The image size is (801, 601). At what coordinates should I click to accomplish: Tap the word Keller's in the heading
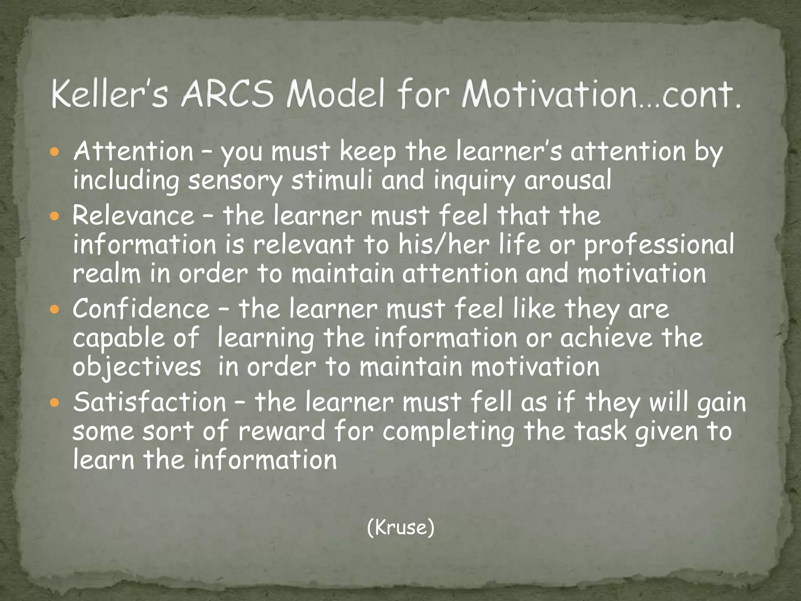(x=110, y=95)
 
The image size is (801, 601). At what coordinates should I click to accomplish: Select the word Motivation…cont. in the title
(x=601, y=95)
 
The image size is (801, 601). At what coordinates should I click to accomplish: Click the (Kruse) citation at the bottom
(x=400, y=527)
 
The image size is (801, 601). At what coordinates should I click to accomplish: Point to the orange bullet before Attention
(x=55, y=152)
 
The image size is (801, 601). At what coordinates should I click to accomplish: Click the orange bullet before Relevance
(x=55, y=216)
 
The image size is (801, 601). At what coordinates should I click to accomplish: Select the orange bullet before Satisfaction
(x=55, y=402)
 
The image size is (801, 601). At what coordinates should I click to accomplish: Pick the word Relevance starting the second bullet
(x=133, y=216)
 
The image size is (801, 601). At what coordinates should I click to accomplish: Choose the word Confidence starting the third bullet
(x=141, y=309)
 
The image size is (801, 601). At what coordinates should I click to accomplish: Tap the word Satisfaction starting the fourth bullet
(x=150, y=402)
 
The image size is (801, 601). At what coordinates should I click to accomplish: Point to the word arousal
(x=568, y=181)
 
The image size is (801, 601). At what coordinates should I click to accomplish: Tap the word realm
(x=106, y=274)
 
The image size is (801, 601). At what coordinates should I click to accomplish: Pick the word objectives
(x=137, y=368)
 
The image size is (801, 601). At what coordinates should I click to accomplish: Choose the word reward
(x=282, y=431)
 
